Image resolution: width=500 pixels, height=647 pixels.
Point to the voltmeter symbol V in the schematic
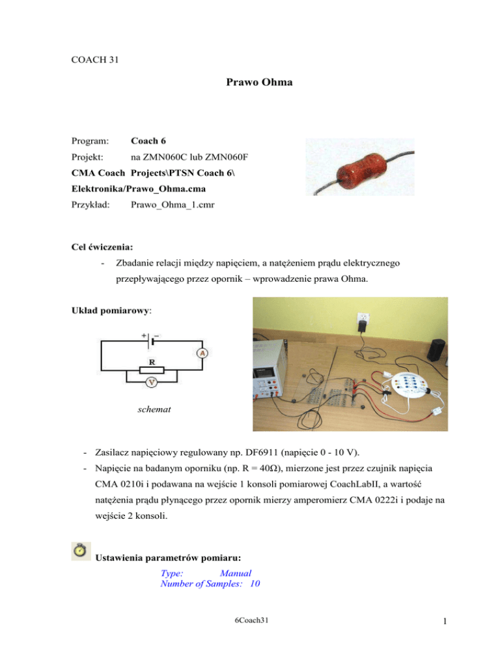click(150, 383)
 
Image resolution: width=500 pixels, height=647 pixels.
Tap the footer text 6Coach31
click(251, 622)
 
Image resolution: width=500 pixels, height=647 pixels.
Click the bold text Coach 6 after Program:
click(150, 140)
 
